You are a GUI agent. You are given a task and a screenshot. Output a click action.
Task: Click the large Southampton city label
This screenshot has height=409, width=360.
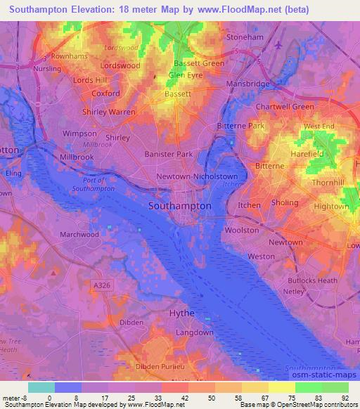(x=179, y=206)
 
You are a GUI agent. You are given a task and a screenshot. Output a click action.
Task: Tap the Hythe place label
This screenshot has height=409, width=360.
(x=181, y=313)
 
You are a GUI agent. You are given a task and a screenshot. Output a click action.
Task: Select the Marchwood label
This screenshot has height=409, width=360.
(x=79, y=235)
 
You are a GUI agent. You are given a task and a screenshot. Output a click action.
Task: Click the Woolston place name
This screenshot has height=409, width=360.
(x=241, y=230)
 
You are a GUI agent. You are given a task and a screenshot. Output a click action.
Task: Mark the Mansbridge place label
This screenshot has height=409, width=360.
(x=248, y=84)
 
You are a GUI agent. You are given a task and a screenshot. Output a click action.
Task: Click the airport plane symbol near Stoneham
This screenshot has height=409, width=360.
(x=278, y=45)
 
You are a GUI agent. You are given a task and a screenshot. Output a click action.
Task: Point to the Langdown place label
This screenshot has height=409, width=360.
(x=193, y=332)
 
